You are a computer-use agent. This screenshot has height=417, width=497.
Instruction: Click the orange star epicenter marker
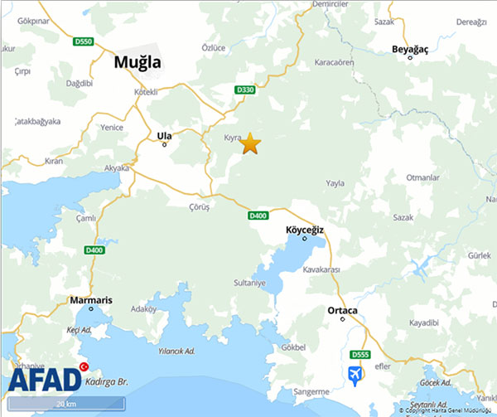pyautogui.click(x=250, y=143)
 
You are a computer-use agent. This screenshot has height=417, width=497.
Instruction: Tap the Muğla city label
pyautogui.click(x=137, y=61)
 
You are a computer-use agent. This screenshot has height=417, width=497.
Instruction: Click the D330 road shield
pyautogui.click(x=244, y=90)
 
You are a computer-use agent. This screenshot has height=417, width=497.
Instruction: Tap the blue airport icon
pyautogui.click(x=356, y=374)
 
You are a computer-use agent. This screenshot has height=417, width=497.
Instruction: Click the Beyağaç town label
pyautogui.click(x=412, y=50)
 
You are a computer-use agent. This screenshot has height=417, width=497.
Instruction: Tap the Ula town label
pyautogui.click(x=164, y=135)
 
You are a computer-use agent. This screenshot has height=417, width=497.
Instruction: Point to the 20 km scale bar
pyautogui.click(x=66, y=404)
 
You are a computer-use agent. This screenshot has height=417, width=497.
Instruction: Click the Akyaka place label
pyautogui.click(x=116, y=167)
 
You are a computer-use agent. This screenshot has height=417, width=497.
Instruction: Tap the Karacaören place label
pyautogui.click(x=335, y=62)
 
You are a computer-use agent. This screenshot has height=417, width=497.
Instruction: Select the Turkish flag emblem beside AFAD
pyautogui.click(x=83, y=366)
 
